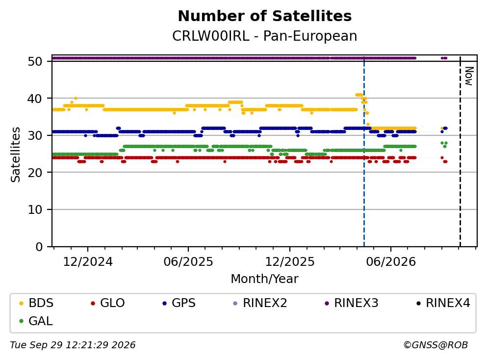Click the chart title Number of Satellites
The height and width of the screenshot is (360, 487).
tap(265, 16)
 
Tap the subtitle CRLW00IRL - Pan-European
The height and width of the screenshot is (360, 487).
tap(265, 36)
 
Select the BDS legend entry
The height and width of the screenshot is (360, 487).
tap(36, 303)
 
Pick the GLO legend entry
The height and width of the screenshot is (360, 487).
tap(107, 303)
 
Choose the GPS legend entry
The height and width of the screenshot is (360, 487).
tap(179, 303)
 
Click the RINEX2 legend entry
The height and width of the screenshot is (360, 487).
tap(260, 303)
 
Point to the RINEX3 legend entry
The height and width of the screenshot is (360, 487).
tap(351, 303)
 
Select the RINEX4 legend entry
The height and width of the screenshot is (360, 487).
tap(443, 303)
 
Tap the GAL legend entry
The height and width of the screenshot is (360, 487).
tap(36, 321)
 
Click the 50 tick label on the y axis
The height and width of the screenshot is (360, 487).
tap(35, 61)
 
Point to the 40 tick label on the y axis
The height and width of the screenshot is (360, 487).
tap(35, 99)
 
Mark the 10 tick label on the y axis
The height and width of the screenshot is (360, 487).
tap(35, 209)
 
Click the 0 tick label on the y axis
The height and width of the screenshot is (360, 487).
tap(39, 247)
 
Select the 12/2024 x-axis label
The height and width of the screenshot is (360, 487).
tap(88, 262)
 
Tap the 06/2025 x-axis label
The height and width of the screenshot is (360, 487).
tap(188, 262)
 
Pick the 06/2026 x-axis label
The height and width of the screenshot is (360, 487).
tap(391, 262)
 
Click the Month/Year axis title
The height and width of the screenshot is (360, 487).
tap(265, 279)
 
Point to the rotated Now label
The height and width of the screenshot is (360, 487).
tap(469, 76)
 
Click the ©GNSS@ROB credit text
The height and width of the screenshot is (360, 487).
tap(436, 345)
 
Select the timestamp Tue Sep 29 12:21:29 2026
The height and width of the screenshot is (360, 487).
tap(73, 345)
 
